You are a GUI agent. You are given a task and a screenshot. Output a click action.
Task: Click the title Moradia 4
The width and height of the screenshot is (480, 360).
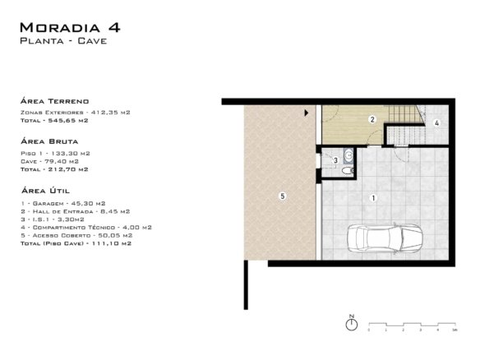pos(70,28)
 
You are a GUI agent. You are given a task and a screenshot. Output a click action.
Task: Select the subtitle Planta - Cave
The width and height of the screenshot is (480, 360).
pos(63,41)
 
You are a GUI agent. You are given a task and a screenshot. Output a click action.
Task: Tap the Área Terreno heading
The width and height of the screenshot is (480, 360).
pos(55,101)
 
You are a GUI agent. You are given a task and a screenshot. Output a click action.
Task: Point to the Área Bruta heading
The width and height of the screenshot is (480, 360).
pos(49,141)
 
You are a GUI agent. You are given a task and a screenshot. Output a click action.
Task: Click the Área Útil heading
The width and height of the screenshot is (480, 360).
pos(45,191)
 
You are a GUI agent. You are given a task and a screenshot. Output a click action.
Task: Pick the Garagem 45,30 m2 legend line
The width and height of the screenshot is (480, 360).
pos(63,203)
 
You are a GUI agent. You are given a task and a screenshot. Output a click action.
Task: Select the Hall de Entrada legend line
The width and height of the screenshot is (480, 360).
pos(76,211)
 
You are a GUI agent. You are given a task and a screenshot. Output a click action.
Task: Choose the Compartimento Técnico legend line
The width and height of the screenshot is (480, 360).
pos(86,227)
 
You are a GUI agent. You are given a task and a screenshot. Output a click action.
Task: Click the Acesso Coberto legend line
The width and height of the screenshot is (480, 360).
pos(76,235)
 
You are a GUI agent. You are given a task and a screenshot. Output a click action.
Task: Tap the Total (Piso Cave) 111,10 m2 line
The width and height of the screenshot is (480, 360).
pos(76,243)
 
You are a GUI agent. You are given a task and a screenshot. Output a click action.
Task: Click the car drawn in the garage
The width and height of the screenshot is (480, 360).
pos(385,238)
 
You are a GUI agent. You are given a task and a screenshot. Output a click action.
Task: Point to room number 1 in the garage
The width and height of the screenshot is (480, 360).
pos(373,198)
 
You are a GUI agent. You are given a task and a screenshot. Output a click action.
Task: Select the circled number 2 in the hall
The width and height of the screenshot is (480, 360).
pos(372,119)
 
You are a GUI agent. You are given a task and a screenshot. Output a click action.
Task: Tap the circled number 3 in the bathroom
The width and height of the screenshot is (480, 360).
pos(336,160)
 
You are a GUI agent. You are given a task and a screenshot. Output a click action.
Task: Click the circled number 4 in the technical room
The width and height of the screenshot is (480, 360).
pos(436,122)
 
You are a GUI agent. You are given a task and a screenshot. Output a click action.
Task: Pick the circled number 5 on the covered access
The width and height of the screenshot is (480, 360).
pos(283,196)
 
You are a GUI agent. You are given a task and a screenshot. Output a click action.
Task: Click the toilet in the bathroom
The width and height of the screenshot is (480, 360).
pos(348,170)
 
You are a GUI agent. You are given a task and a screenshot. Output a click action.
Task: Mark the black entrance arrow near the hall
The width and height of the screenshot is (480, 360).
pos(306,113)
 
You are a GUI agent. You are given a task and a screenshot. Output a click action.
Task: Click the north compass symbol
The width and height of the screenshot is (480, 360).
pos(352,323)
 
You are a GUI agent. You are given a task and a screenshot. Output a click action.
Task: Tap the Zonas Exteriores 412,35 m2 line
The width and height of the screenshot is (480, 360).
pos(76,113)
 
